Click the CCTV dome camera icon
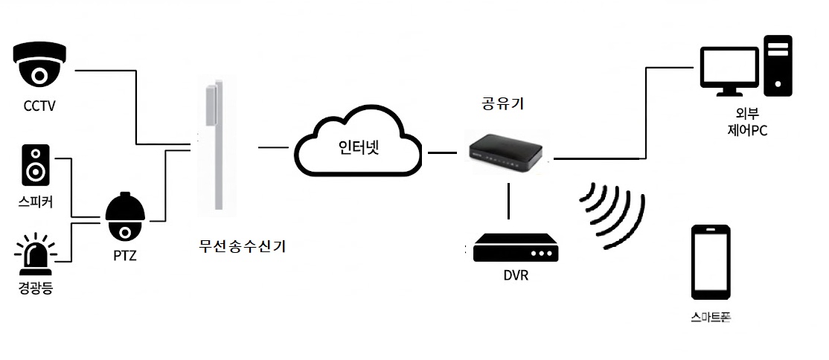pos(41,66)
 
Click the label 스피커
pos(34,201)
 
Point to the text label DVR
pos(516,276)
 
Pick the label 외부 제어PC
pos(748,123)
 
